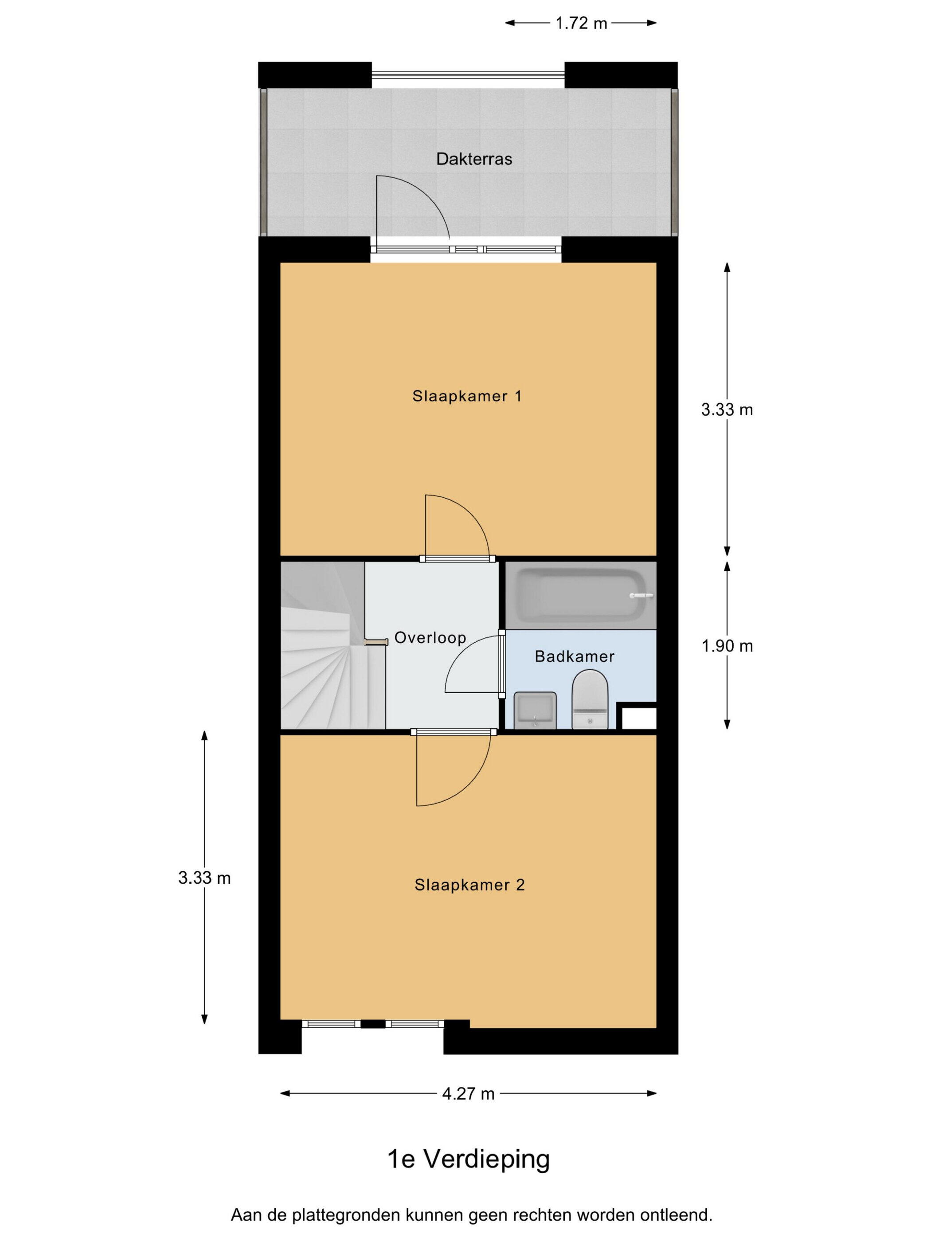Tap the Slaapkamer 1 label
click(x=467, y=396)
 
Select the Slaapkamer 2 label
click(x=469, y=885)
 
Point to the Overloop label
click(x=430, y=638)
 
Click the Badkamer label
click(x=574, y=656)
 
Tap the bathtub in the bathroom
click(x=581, y=595)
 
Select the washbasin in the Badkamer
click(x=535, y=710)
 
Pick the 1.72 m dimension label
click(x=581, y=23)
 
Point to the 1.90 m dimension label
click(x=727, y=646)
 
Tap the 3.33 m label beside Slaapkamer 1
click(x=727, y=410)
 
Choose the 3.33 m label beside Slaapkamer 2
click(x=204, y=878)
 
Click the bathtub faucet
click(x=642, y=595)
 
